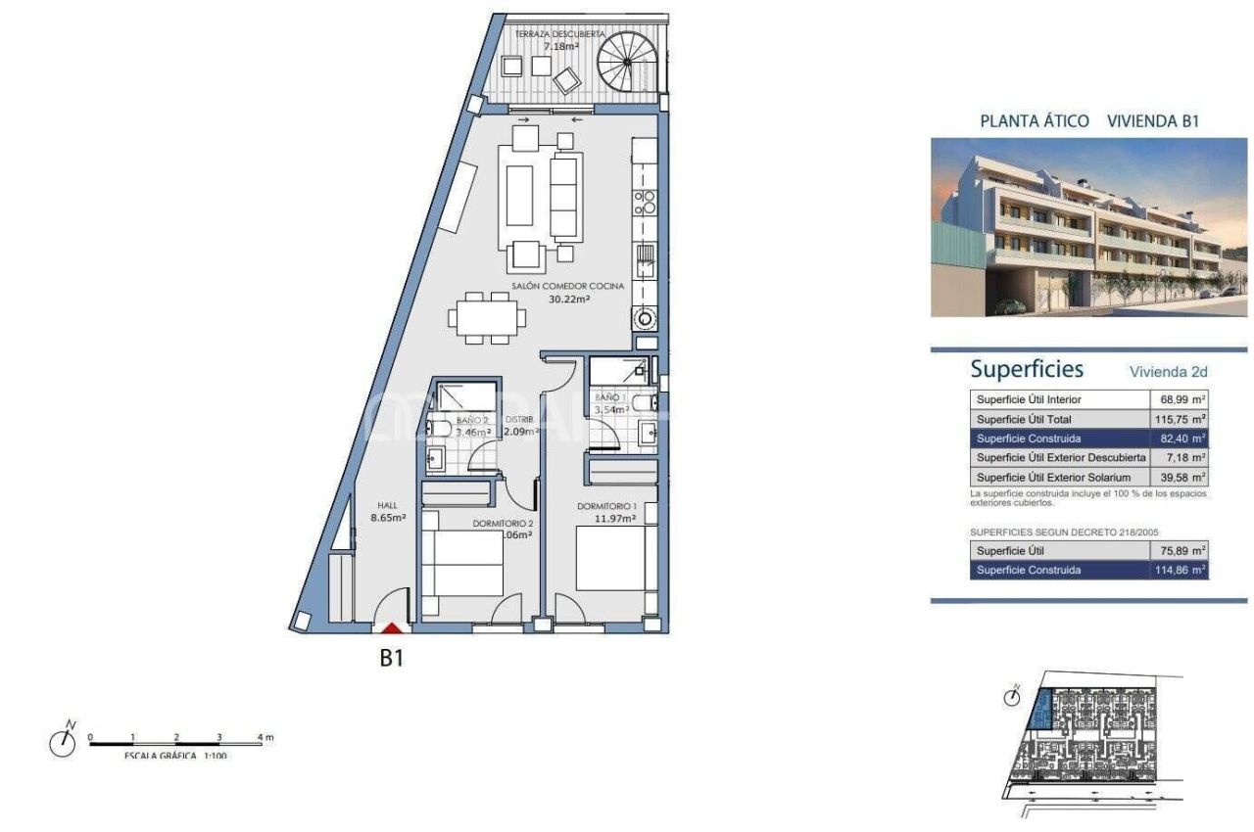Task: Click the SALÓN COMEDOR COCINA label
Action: (x=567, y=287)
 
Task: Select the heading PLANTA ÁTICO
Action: (x=1034, y=121)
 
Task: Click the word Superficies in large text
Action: (x=1027, y=370)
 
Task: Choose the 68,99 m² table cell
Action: (x=1179, y=400)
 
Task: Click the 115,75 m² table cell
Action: (x=1179, y=419)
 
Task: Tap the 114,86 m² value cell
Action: (x=1179, y=570)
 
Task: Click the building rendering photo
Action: (x=1087, y=227)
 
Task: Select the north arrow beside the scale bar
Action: (x=63, y=741)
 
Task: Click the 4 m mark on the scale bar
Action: (x=261, y=736)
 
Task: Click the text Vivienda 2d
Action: (x=1168, y=372)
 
